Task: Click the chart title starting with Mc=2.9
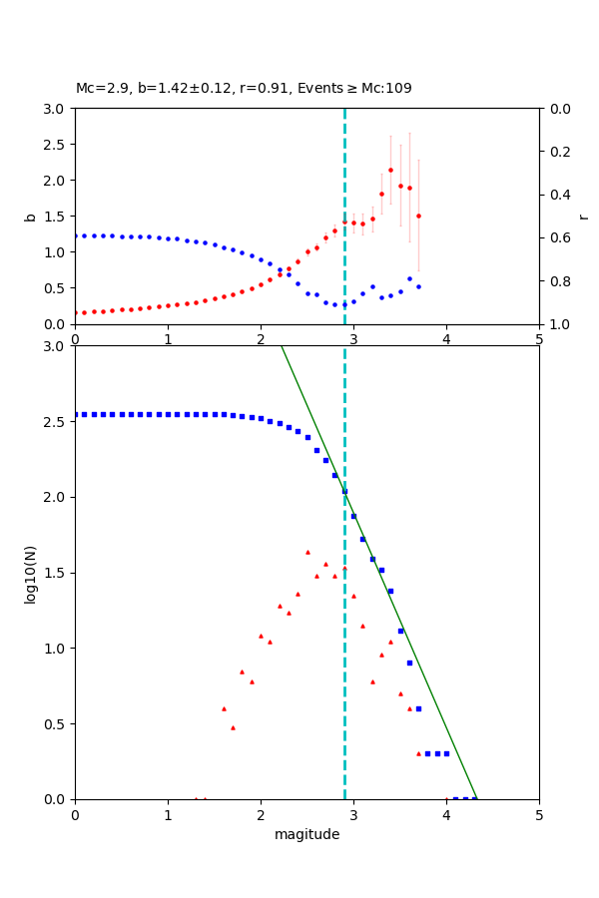click(244, 89)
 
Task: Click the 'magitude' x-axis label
click(306, 835)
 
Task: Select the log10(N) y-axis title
click(31, 573)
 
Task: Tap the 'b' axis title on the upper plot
click(31, 217)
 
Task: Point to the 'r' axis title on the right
click(583, 217)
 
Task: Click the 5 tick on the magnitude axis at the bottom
click(539, 815)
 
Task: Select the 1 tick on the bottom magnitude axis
click(168, 815)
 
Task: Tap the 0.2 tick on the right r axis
click(556, 152)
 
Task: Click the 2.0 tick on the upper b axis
click(57, 181)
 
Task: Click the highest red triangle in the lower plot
click(307, 552)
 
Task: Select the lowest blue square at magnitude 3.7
click(418, 708)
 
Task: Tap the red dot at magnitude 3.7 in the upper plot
click(418, 216)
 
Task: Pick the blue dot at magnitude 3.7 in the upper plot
click(418, 286)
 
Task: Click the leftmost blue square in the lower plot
click(76, 414)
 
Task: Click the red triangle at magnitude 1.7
click(233, 727)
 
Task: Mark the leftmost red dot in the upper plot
click(76, 312)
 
